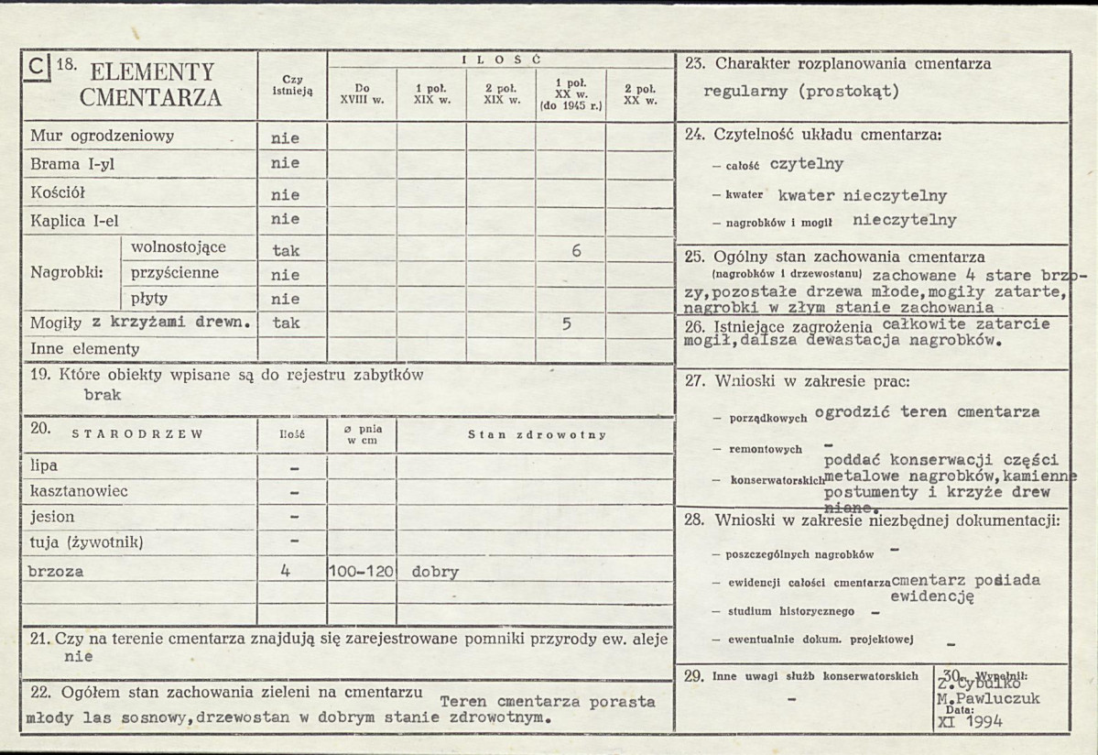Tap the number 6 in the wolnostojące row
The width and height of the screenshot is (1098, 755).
pos(576,249)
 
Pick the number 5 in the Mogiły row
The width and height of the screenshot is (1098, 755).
pos(567,323)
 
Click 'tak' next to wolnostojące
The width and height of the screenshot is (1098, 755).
pos(286,250)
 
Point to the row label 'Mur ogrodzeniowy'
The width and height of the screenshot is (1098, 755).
pos(102,137)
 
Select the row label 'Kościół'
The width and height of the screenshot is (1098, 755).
pos(59,193)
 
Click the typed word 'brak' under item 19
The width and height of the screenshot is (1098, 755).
pos(102,396)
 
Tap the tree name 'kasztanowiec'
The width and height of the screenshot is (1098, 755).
pos(79,491)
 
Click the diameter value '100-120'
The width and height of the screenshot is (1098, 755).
pos(361,572)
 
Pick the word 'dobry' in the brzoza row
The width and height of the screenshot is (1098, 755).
pos(435,572)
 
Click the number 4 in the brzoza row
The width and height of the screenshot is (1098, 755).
pos(286,570)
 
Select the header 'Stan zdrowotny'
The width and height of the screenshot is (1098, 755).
pos(537,434)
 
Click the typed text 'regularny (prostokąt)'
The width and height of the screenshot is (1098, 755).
pos(801,92)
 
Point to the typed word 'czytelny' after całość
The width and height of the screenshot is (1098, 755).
pos(806,164)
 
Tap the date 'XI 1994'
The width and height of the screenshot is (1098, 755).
pos(972,720)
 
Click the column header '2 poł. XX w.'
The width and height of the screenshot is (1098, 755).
pos(639,93)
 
